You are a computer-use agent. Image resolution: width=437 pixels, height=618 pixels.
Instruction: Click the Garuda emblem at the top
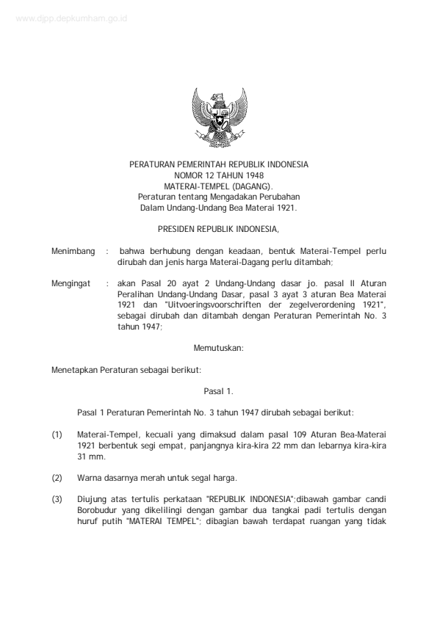pos(218,117)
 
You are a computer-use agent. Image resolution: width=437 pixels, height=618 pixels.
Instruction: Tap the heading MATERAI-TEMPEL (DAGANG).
pos(218,187)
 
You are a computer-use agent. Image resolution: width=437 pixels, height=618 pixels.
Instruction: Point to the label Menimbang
pos(73,252)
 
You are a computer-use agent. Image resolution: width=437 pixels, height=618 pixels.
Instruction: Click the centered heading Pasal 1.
pos(218,391)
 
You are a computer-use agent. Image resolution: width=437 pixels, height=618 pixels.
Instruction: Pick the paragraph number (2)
pos(57,478)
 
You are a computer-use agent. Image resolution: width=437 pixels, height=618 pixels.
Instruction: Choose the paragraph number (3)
pos(57,500)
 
